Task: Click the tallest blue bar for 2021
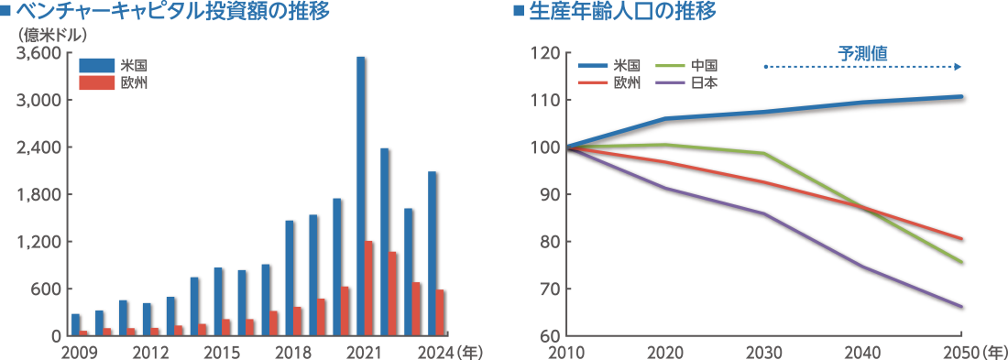tap(361, 196)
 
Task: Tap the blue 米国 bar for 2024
tap(433, 254)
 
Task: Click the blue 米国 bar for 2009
tap(76, 325)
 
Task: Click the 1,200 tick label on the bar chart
tap(39, 242)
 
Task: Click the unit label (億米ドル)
tap(52, 36)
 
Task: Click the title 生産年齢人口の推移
tap(622, 12)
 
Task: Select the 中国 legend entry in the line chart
tap(704, 66)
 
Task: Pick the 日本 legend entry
tap(704, 82)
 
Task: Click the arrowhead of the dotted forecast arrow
tap(959, 67)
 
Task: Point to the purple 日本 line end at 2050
tap(961, 307)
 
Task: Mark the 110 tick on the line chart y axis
tap(544, 101)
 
